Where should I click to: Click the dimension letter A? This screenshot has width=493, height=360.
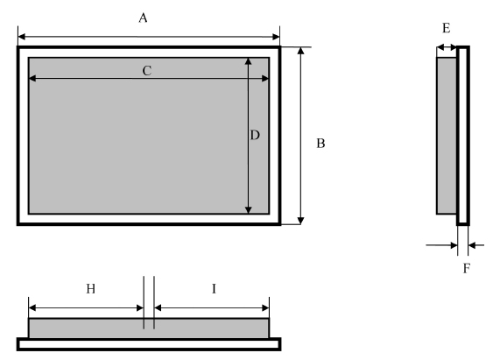pos(143,18)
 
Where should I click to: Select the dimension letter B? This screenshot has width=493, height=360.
pos(320,144)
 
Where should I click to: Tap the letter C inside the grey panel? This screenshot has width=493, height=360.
pos(147,71)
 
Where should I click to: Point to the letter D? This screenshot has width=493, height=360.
pos(255,135)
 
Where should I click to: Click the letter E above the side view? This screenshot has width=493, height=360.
pos(447,28)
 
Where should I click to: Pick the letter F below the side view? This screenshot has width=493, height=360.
pos(467,268)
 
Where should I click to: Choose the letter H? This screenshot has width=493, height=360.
pos(90,289)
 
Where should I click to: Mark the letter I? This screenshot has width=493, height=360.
pos(215,289)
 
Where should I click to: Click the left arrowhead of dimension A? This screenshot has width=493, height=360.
pos(22,37)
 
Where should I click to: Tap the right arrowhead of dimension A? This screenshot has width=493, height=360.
pos(276,37)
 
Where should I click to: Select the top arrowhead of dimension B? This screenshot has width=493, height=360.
pos(301,51)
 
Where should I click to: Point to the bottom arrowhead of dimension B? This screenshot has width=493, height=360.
pos(301,221)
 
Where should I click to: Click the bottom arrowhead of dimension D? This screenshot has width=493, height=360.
pos(249,210)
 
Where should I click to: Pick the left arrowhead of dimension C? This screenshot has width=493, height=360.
pos(32,78)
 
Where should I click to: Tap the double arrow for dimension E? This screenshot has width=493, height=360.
pos(447,47)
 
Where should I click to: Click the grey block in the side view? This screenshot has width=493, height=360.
pos(447,136)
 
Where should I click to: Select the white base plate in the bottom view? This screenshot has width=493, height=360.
pos(149,344)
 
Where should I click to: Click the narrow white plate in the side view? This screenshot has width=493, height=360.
pos(463,136)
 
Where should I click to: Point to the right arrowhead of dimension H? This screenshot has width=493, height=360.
pos(140,307)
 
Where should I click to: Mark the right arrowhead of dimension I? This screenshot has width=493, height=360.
pos(265,307)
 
